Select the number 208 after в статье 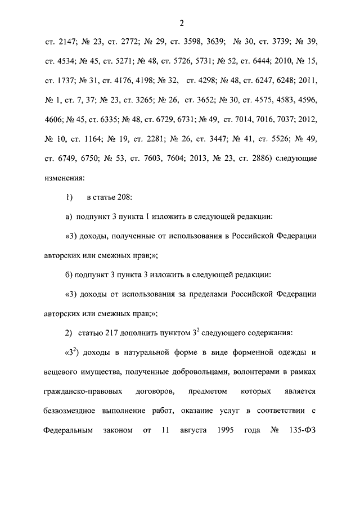click(x=124, y=199)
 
